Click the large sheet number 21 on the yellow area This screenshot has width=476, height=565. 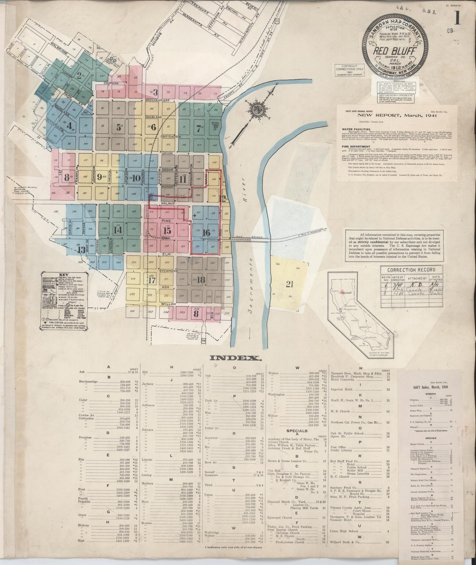(289, 284)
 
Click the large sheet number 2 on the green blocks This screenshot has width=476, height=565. (79, 75)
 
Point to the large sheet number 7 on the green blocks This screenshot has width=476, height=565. (198, 128)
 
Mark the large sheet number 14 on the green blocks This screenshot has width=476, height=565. (116, 230)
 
